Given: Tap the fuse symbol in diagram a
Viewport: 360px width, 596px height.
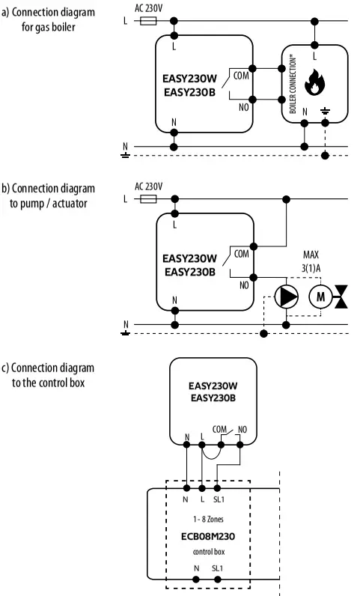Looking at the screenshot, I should coord(148,22).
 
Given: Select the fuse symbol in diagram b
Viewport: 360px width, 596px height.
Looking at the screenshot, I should coord(148,199).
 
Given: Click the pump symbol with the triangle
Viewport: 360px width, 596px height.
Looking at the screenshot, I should coord(285,297).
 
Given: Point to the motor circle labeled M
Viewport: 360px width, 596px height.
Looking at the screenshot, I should coord(320,297).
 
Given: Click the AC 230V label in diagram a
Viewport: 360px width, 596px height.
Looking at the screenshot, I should coord(148,7).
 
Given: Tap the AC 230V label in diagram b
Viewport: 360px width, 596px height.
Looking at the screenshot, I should coord(148,186).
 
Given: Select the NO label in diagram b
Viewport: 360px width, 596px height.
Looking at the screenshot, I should coord(244,285).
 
